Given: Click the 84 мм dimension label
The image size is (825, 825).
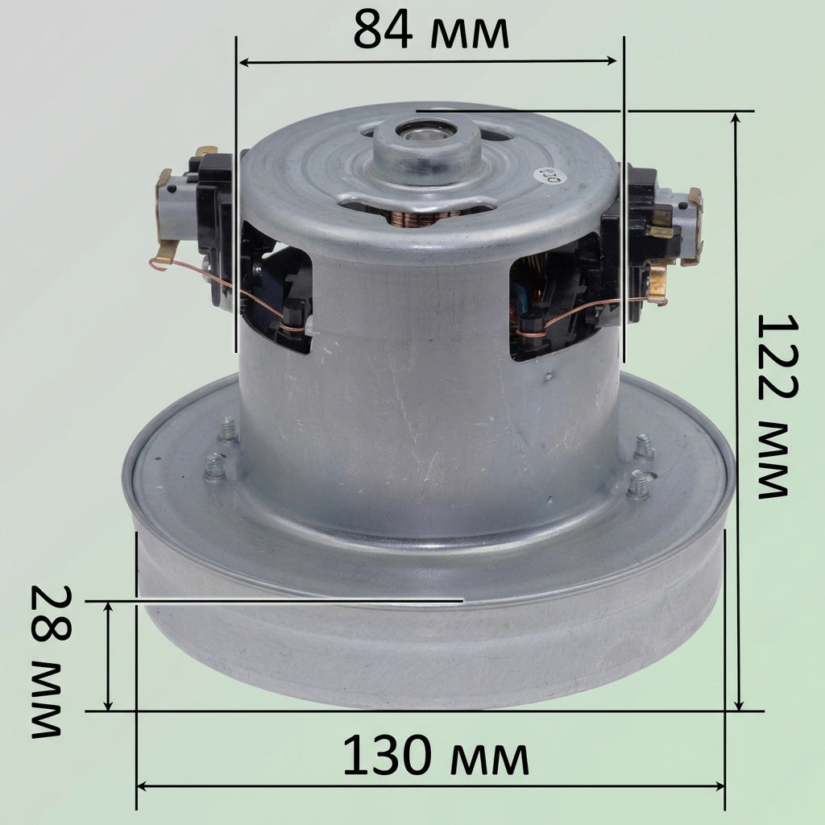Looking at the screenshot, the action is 431,31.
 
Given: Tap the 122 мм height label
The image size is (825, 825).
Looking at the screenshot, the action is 777,406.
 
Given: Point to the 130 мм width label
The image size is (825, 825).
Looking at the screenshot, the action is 436,756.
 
